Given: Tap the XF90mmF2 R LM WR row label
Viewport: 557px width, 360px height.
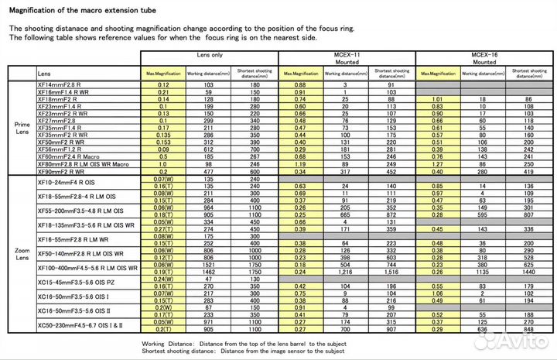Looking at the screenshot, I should [61, 171].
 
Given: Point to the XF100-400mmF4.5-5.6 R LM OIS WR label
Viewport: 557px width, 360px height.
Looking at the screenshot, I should [87, 267].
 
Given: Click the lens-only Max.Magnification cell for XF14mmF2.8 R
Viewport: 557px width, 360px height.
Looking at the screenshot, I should [163, 84].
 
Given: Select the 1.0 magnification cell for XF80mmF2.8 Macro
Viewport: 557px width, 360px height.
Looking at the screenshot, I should [163, 163].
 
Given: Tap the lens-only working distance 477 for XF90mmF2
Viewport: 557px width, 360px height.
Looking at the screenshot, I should [207, 171].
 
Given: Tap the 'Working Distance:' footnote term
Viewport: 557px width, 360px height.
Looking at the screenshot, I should [166, 344].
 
